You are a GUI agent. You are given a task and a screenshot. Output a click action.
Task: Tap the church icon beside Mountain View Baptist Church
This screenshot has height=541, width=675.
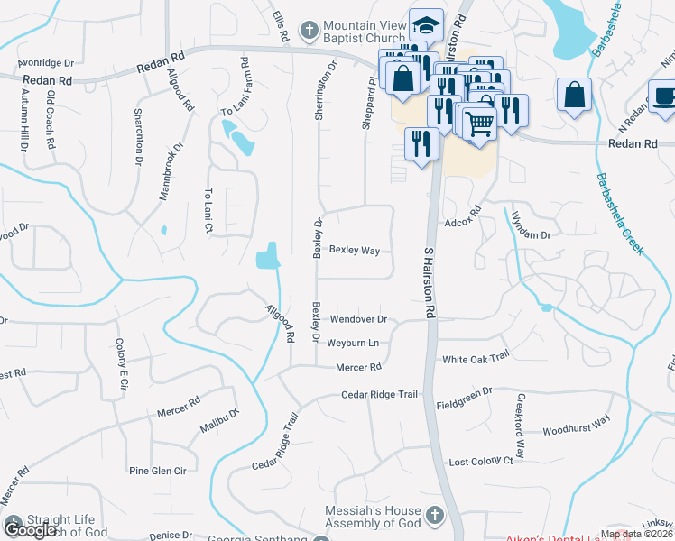click(310, 31)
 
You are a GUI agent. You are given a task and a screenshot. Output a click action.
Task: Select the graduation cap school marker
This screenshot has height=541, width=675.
click(427, 25)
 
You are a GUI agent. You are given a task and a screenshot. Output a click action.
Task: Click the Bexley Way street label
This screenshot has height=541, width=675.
click(354, 250)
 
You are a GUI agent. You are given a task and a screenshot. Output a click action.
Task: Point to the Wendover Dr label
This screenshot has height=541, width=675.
click(358, 319)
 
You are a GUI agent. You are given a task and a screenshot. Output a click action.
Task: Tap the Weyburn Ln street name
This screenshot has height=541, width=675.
click(352, 344)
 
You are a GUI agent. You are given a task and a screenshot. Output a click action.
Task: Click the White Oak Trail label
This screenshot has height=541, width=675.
click(476, 360)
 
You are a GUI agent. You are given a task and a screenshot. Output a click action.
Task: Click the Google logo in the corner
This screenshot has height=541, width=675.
click(29, 530)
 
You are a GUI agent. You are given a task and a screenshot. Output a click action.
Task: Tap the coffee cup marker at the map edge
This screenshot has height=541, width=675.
click(663, 98)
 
